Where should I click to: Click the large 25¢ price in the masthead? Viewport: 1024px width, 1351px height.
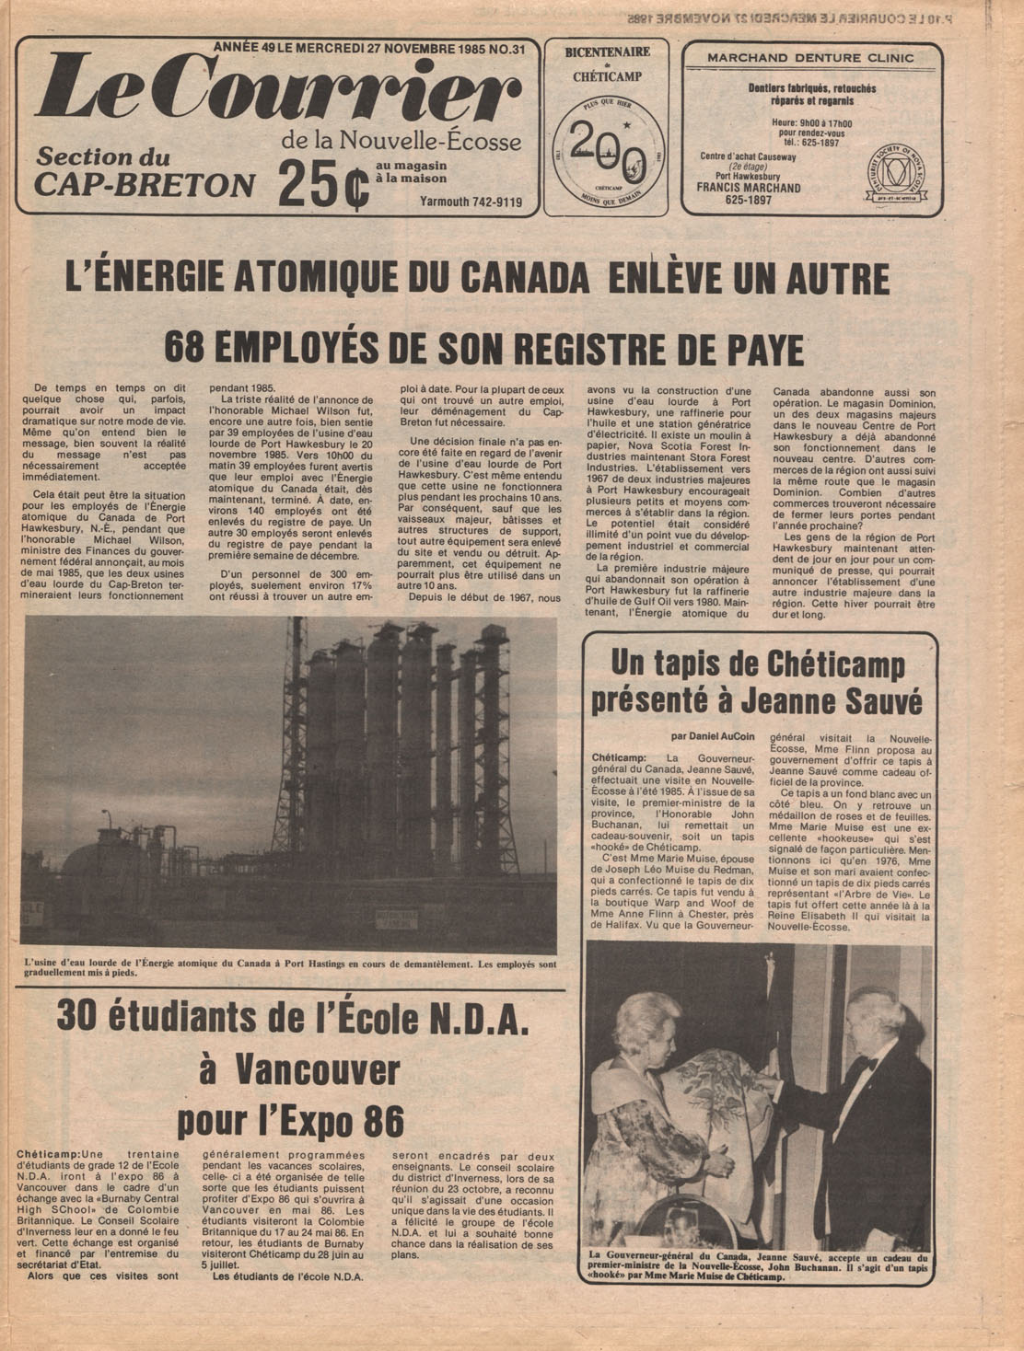(x=323, y=184)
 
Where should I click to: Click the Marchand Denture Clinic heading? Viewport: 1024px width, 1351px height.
(x=810, y=58)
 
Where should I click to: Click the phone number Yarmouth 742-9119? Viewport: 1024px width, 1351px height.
(x=471, y=202)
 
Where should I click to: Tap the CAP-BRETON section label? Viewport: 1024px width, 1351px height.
(x=145, y=185)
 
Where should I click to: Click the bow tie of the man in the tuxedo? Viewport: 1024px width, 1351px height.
(x=864, y=1065)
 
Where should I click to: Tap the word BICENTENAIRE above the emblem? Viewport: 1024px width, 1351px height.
(x=607, y=52)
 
